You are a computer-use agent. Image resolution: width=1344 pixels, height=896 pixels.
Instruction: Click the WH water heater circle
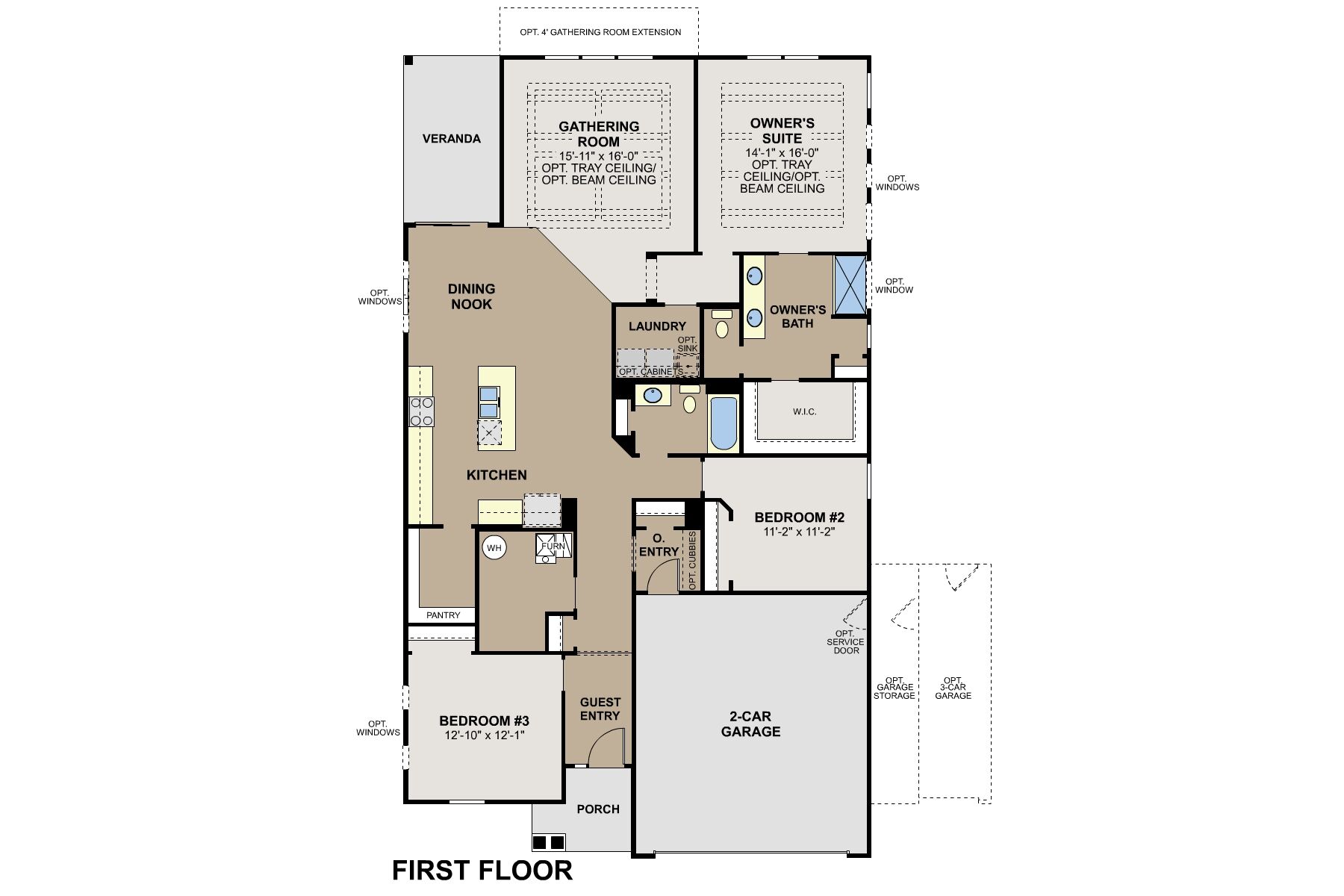point(494,548)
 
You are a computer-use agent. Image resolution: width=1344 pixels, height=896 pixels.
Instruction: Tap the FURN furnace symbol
point(553,547)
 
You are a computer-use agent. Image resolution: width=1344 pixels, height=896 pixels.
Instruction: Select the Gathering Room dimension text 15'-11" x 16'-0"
point(599,155)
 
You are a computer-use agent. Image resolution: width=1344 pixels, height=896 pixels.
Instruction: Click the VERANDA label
point(452,139)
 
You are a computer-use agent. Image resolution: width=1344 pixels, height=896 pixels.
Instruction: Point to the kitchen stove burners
point(422,411)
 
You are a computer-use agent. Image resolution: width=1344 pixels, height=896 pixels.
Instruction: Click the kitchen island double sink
point(489,402)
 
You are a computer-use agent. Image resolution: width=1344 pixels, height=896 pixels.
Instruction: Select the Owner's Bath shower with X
point(850,284)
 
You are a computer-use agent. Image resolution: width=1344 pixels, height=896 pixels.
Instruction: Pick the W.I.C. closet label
point(804,412)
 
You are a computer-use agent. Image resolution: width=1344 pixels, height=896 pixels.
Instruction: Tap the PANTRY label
point(444,615)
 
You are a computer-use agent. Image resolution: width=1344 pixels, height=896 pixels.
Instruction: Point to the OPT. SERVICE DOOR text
point(845,642)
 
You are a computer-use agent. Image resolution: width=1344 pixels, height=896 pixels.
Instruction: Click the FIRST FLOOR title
point(482,871)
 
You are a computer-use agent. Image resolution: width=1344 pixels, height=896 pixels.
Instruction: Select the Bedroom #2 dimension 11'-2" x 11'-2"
point(798,532)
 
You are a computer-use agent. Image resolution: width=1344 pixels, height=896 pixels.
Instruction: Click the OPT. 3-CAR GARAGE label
point(953,688)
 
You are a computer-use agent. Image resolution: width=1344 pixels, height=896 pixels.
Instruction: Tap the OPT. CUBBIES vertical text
point(692,561)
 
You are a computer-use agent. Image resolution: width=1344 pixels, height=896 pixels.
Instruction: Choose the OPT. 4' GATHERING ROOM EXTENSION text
point(600,32)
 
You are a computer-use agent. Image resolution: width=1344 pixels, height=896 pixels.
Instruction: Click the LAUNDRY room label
point(657,326)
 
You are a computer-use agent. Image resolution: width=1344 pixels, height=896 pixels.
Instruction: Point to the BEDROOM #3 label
point(484,721)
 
